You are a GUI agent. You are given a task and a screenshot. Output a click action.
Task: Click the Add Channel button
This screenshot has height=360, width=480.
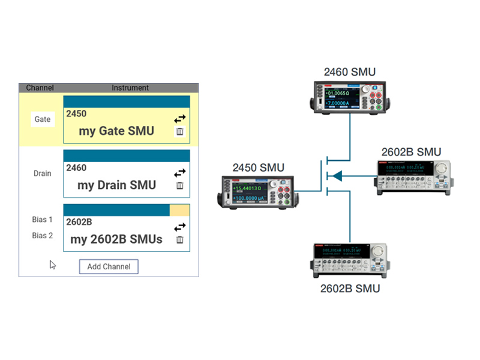click(x=109, y=266)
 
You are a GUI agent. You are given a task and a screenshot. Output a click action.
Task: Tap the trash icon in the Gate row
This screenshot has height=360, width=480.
click(x=180, y=132)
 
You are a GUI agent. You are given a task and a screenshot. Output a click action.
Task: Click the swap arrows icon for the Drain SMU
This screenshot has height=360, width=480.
click(x=180, y=173)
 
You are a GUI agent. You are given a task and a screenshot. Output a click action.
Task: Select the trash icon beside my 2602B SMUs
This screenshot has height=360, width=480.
click(x=180, y=240)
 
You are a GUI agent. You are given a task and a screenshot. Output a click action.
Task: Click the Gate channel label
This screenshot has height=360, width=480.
click(x=42, y=119)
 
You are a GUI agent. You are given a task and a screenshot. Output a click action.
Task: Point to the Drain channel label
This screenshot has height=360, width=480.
click(x=42, y=173)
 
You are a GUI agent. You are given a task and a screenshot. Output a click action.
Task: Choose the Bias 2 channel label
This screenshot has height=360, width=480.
click(x=42, y=236)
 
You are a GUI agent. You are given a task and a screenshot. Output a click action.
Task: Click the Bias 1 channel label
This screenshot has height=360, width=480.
click(x=42, y=220)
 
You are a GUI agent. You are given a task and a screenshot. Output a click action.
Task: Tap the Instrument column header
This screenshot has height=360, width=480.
click(x=130, y=88)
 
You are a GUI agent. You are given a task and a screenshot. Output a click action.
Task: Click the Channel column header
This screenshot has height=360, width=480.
click(x=40, y=88)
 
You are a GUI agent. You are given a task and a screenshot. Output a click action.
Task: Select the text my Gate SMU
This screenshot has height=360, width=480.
click(x=116, y=131)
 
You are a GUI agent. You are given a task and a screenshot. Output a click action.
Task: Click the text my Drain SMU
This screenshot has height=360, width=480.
click(x=116, y=185)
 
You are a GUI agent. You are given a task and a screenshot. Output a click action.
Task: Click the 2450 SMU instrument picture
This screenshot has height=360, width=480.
click(x=257, y=191)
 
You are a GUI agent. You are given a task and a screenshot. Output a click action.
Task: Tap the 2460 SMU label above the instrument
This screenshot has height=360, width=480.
click(x=350, y=73)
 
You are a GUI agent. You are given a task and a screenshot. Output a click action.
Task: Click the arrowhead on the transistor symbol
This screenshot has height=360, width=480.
click(x=337, y=176)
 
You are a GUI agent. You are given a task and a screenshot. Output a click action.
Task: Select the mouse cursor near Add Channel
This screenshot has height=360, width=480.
click(x=52, y=265)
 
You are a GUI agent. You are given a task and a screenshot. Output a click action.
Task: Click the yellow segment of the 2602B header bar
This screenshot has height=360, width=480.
click(x=179, y=210)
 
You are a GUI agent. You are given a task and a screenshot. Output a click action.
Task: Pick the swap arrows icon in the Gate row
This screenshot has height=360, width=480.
click(x=180, y=119)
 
